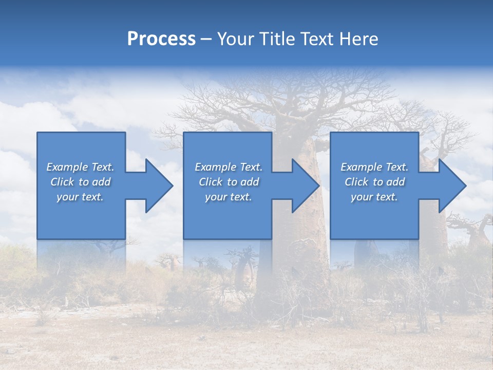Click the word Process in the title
[161, 39]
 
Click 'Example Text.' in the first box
[80, 167]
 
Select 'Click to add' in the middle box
[229, 182]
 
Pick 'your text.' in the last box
[374, 197]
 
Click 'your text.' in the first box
[80, 197]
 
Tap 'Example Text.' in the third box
[374, 167]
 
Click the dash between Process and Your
[206, 39]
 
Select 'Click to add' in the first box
[80, 182]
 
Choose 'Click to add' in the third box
[374, 182]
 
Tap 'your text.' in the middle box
[229, 197]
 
